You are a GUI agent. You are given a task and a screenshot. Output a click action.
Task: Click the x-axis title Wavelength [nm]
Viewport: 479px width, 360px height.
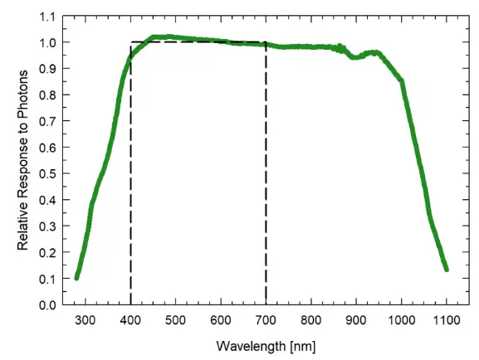[x=266, y=344]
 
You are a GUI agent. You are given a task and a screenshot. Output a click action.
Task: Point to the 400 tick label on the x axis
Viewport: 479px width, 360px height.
[x=130, y=320]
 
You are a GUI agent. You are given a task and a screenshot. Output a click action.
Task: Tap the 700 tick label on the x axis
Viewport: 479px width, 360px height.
[x=266, y=320]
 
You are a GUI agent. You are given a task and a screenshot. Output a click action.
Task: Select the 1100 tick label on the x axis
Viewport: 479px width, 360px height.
[x=446, y=320]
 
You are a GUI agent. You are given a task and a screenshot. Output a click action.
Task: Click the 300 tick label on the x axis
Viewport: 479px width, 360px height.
[x=86, y=320]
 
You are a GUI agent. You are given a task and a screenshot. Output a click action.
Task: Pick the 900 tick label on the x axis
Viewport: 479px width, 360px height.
[x=356, y=320]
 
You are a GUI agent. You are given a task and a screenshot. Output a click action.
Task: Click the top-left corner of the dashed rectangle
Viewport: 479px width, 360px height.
[x=130, y=42]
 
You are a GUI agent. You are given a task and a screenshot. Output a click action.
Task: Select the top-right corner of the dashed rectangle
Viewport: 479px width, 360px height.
[x=266, y=42]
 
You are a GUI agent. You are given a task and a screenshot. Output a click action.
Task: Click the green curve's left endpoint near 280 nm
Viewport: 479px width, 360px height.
[x=76, y=278]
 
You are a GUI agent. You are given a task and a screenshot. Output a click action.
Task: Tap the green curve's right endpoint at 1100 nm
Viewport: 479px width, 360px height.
[x=446, y=269]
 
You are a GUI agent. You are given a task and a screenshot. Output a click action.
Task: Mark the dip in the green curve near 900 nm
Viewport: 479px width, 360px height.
[x=354, y=57]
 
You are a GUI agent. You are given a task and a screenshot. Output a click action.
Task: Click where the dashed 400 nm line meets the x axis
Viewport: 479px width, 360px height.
[x=130, y=304]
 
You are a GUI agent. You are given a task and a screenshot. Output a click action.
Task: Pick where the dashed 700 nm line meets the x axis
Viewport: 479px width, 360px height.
[x=266, y=304]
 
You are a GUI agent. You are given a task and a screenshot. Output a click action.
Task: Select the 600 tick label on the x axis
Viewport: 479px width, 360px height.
[x=221, y=320]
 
